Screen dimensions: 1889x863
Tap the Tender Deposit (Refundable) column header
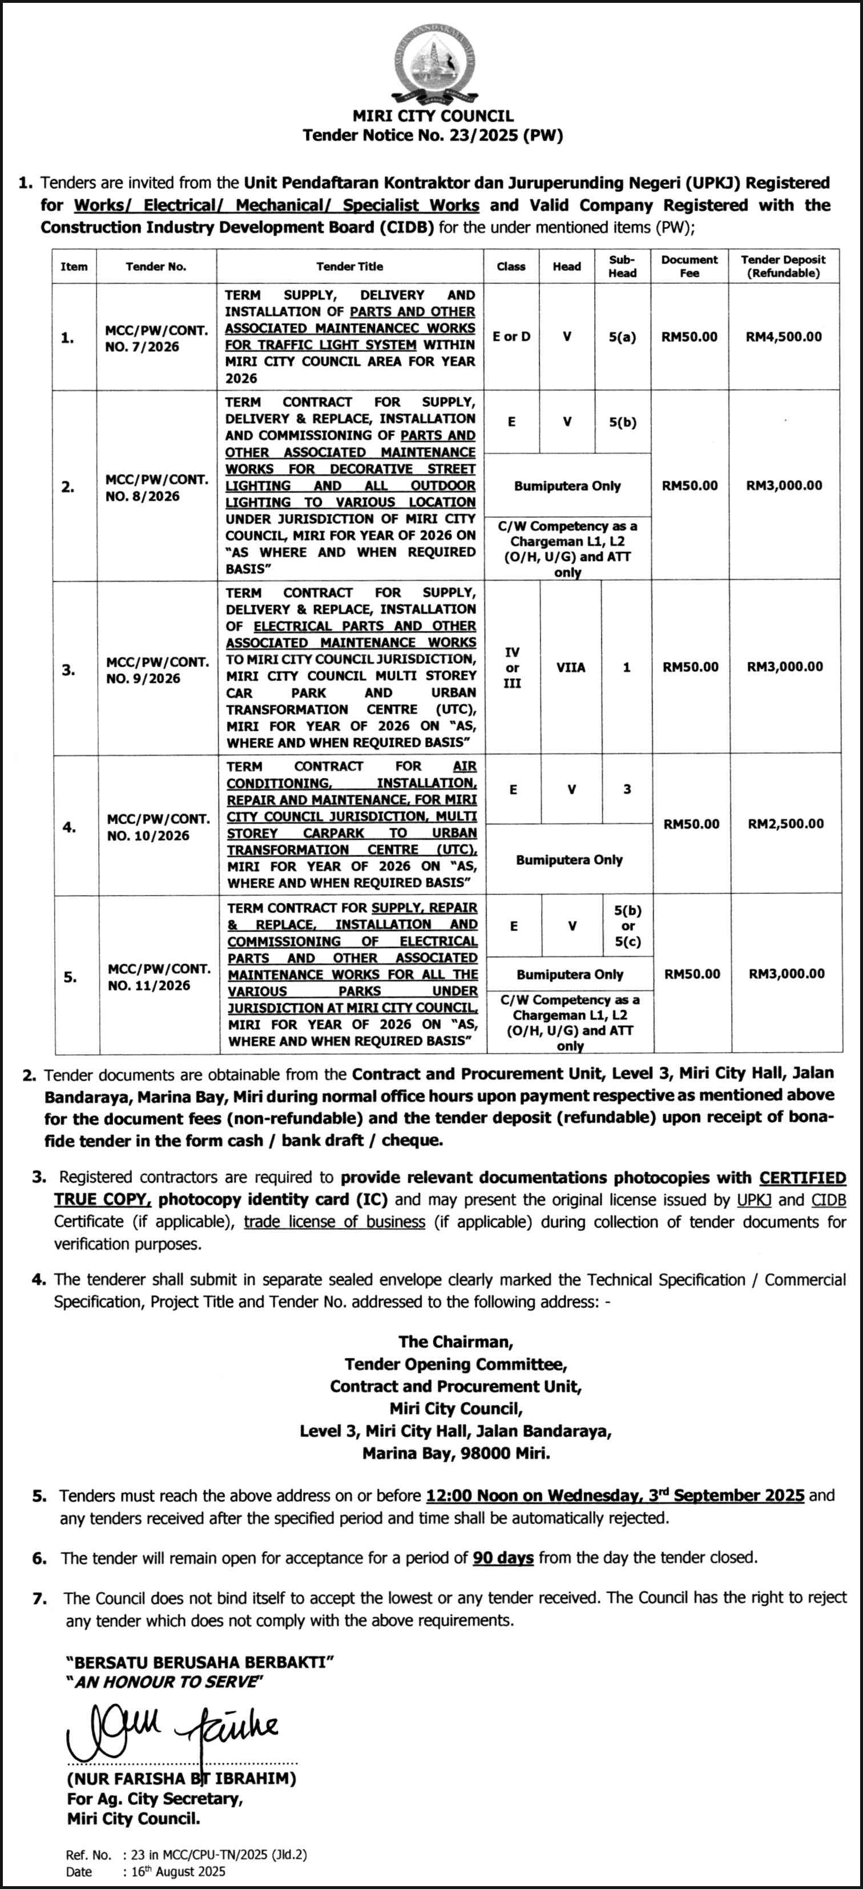click(x=783, y=266)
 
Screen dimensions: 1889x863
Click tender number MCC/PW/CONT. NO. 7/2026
click(x=156, y=338)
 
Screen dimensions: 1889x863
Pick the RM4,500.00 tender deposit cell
click(x=784, y=337)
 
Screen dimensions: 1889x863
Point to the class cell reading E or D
click(x=511, y=337)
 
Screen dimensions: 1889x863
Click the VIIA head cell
click(x=570, y=667)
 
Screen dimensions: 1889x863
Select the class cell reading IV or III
click(x=513, y=667)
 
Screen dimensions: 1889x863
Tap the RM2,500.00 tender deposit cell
click(x=785, y=824)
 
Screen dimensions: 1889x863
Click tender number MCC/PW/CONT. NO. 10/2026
click(x=158, y=827)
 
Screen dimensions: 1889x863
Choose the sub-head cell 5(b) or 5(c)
click(x=628, y=926)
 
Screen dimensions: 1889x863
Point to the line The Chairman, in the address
click(x=455, y=1342)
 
